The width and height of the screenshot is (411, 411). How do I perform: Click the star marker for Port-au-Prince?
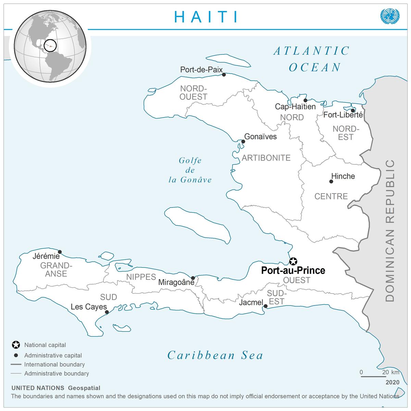pyautogui.click(x=293, y=261)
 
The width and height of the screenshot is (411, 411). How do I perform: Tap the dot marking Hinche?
pyautogui.click(x=331, y=182)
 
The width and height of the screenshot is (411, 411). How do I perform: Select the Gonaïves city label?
pyautogui.click(x=260, y=137)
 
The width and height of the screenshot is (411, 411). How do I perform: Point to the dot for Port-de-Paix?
pyautogui.click(x=224, y=74)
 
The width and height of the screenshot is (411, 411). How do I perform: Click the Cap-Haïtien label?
pyautogui.click(x=295, y=107)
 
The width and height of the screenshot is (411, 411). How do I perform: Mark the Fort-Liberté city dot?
pyautogui.click(x=353, y=110)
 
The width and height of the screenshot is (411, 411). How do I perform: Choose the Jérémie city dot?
pyautogui.click(x=60, y=252)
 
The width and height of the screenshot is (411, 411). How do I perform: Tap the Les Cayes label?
pyautogui.click(x=89, y=307)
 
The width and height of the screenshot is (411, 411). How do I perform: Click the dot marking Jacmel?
pyautogui.click(x=265, y=306)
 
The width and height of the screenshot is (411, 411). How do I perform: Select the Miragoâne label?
pyautogui.click(x=176, y=283)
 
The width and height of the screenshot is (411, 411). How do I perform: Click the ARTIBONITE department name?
pyautogui.click(x=266, y=158)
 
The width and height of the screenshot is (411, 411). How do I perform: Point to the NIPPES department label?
pyautogui.click(x=141, y=277)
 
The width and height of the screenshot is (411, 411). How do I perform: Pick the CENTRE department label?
pyautogui.click(x=331, y=196)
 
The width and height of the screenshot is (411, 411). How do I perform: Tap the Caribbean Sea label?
pyautogui.click(x=215, y=355)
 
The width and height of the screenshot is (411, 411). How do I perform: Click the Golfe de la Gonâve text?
pyautogui.click(x=190, y=170)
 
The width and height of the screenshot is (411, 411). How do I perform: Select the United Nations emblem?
pyautogui.click(x=390, y=16)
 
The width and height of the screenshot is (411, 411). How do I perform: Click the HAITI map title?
pyautogui.click(x=206, y=16)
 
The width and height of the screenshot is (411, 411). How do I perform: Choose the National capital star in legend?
pyautogui.click(x=15, y=345)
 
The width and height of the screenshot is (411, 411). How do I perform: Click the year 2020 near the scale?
pyautogui.click(x=392, y=382)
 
